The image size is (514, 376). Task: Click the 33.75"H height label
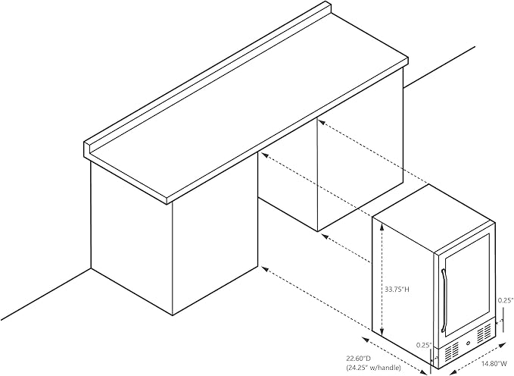pyautogui.click(x=397, y=290)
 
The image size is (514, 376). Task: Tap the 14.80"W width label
pyautogui.click(x=494, y=364)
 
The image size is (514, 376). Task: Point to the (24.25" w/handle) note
pyautogui.click(x=373, y=368)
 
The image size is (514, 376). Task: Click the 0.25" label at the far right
pyautogui.click(x=505, y=300)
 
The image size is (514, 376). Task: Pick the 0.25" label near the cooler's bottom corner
pyautogui.click(x=423, y=345)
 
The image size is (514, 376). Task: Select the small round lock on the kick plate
pyautogui.click(x=468, y=344)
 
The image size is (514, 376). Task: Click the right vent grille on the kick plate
pyautogui.click(x=485, y=334)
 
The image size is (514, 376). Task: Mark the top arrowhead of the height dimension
pyautogui.click(x=382, y=226)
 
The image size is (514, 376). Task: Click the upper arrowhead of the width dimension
pyautogui.click(x=503, y=344)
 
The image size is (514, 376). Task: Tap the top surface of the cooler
pyautogui.click(x=434, y=219)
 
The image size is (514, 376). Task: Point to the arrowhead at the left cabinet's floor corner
pyautogui.click(x=266, y=270)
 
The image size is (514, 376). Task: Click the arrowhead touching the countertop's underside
pyautogui.click(x=321, y=122)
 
